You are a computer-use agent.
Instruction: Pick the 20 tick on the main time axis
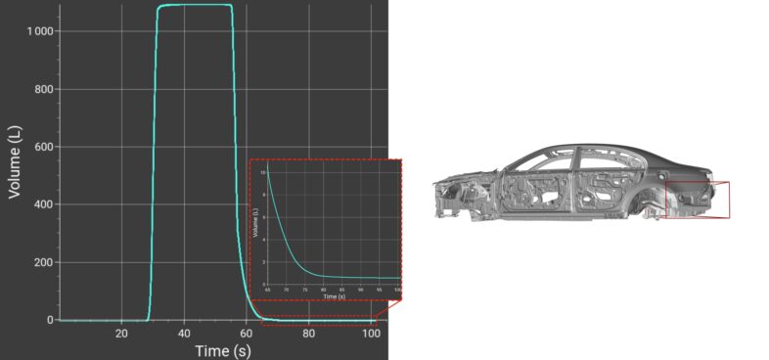click(x=120, y=333)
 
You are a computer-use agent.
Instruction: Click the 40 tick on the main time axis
click(x=183, y=333)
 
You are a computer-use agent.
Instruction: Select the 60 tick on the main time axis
click(x=246, y=333)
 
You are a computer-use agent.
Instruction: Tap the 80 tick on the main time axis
click(x=308, y=333)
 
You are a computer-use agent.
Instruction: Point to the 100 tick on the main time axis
click(x=369, y=333)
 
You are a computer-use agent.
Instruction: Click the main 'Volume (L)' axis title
click(x=15, y=160)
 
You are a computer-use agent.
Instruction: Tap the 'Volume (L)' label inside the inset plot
click(x=255, y=225)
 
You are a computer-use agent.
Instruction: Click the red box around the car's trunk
click(x=697, y=199)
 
